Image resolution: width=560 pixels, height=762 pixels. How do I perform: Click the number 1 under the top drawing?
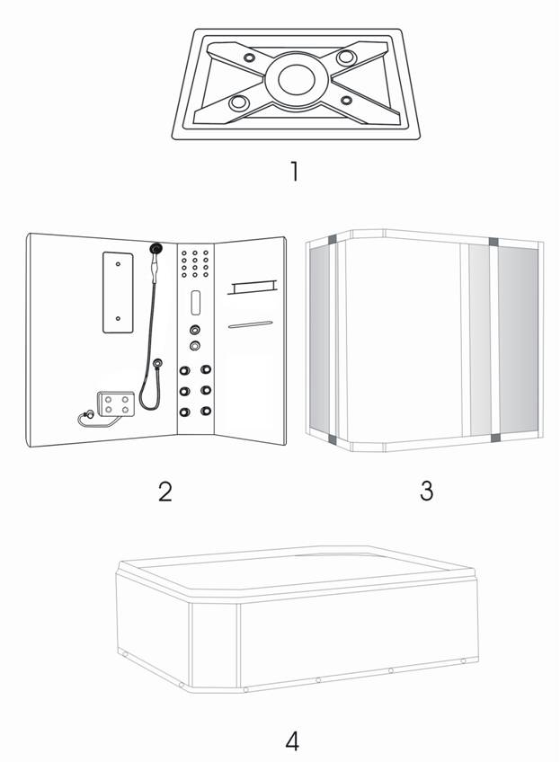(294, 172)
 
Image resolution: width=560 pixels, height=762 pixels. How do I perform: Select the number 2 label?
(165, 492)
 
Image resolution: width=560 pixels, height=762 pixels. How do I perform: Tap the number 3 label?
(426, 491)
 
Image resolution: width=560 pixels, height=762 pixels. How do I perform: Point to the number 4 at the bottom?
(292, 741)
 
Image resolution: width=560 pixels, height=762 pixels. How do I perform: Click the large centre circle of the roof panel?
(297, 79)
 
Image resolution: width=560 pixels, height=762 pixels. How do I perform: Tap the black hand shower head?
(156, 249)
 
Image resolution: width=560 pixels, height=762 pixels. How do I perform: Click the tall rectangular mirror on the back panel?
(118, 292)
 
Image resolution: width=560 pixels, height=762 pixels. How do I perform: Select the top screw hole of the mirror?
(118, 264)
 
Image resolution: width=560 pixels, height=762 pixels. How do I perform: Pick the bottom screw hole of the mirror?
(118, 319)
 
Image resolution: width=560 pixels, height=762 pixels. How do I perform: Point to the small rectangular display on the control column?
(195, 302)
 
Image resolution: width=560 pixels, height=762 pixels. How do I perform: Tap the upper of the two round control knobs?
(194, 330)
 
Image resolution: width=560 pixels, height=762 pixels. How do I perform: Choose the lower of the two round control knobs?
(195, 346)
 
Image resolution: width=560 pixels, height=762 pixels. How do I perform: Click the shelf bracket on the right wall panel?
(253, 288)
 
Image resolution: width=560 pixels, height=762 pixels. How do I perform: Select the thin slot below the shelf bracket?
(251, 324)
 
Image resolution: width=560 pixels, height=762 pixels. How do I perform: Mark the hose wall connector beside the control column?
(158, 362)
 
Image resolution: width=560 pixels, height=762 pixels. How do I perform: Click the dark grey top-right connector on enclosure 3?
(493, 242)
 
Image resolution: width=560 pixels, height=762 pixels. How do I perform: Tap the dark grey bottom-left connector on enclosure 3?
(333, 439)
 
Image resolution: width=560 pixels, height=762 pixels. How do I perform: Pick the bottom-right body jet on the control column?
(206, 412)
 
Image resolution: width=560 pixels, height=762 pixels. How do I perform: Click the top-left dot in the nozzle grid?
(184, 253)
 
